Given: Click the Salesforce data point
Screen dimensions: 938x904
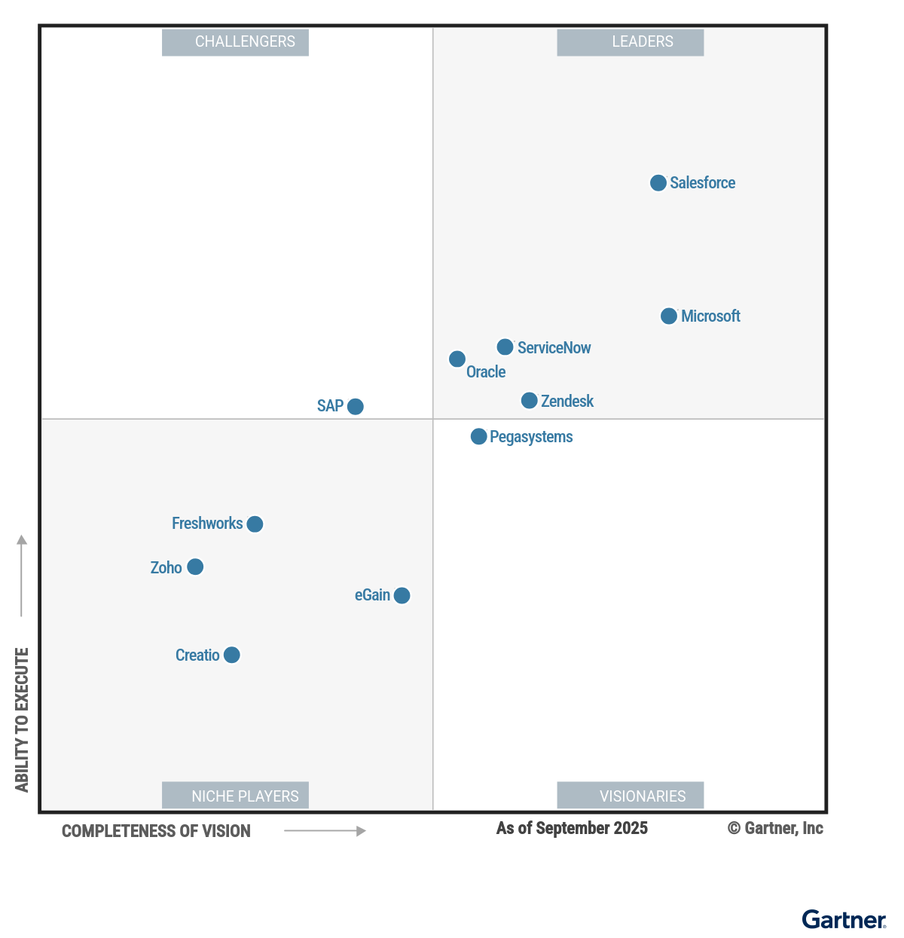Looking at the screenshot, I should coord(658,183).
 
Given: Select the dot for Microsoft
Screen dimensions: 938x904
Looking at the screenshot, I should coord(669,316).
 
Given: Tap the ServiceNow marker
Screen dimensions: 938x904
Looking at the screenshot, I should coord(505,347).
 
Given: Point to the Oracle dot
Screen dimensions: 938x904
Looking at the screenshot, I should coord(457,359).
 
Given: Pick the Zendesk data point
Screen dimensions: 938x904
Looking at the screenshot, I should coord(530,401).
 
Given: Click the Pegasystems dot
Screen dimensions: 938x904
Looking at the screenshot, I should coord(479,437).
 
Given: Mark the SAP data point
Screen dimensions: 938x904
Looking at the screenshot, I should coord(356,407).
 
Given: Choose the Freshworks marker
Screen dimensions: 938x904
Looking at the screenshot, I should coord(255,524).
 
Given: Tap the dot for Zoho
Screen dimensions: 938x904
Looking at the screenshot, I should coord(195,567).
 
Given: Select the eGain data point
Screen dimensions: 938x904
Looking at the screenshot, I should coord(402,596).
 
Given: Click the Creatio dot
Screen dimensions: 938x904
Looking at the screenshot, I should coord(232,655).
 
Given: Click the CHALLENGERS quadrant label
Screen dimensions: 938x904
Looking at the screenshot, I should coord(236,42).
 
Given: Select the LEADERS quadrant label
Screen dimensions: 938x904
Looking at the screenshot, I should coord(631,42).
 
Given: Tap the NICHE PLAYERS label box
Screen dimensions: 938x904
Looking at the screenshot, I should coord(236,796).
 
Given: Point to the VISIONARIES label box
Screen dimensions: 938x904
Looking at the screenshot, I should coord(631,796).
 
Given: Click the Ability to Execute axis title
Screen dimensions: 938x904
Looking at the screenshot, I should coord(22,720).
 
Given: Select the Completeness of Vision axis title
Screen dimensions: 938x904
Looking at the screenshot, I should coord(156,832).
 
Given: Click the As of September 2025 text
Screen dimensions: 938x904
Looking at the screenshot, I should coord(572,829).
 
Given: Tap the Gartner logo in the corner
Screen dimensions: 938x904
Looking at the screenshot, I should coord(844,920).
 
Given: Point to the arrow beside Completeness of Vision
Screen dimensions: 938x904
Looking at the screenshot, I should coord(325,831).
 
